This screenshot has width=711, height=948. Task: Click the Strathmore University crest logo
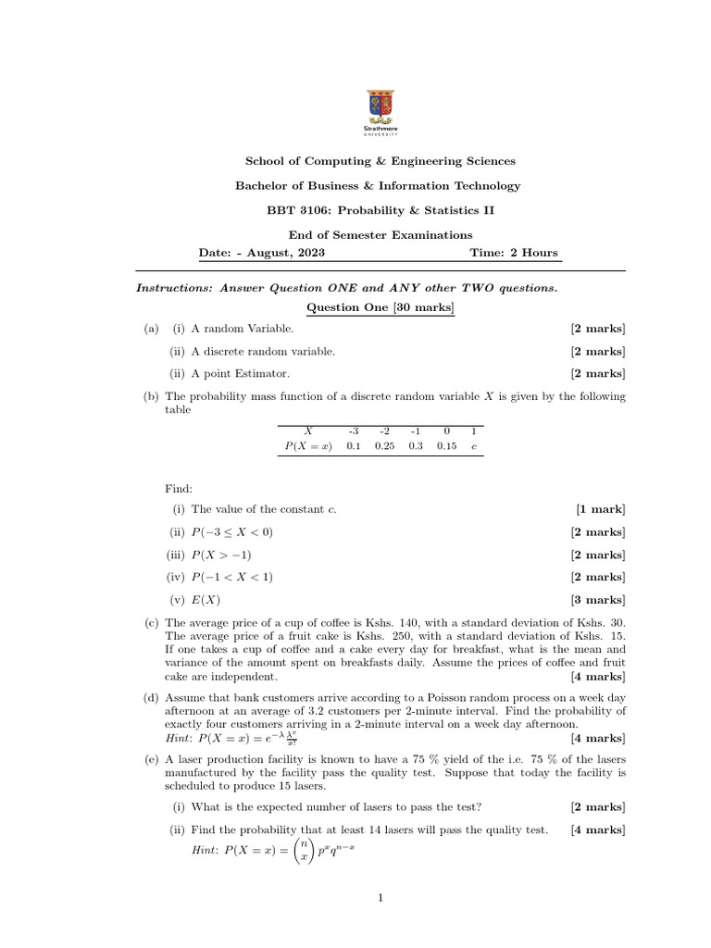pos(379,106)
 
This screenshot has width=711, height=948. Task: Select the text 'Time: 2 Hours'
pos(514,253)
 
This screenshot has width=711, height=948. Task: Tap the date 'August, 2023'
pos(283,253)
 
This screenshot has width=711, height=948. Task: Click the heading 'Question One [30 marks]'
pos(380,307)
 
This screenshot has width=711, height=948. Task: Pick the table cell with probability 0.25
pos(384,445)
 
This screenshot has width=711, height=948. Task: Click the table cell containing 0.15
pos(446,445)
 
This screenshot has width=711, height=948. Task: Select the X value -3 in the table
pos(353,430)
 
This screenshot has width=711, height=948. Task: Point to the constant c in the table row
pos(473,445)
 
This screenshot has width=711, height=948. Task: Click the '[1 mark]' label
pos(600,509)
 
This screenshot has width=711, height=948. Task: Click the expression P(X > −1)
pos(220,555)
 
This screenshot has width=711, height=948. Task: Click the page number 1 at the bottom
pos(380,897)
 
